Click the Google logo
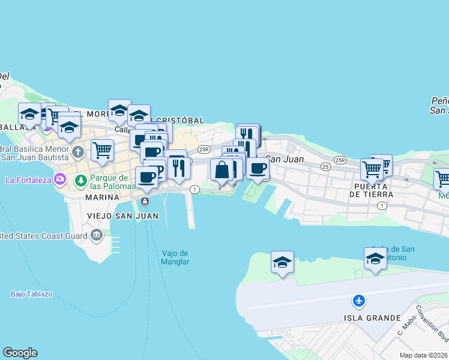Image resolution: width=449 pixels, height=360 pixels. (20, 353)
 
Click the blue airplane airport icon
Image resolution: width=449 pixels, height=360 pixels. (359, 300)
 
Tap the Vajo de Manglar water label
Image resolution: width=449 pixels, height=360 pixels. (175, 257)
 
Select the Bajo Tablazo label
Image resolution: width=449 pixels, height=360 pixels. (32, 294)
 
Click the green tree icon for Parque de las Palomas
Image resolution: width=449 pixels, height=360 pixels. (80, 180)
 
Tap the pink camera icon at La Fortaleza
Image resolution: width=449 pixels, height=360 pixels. (59, 179)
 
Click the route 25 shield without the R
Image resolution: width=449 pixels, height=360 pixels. (325, 166)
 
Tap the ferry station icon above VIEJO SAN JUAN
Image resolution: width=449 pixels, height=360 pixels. (145, 201)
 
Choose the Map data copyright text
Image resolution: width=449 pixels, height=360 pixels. (423, 355)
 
